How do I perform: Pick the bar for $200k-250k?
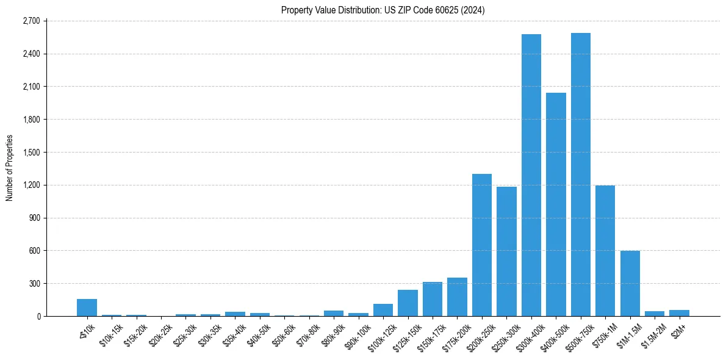click(x=482, y=245)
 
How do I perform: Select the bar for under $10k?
click(x=87, y=308)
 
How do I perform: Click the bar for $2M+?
click(x=679, y=313)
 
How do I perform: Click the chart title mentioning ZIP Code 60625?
click(x=383, y=10)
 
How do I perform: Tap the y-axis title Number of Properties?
click(x=9, y=168)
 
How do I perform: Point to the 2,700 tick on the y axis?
click(x=31, y=21)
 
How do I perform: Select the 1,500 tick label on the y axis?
click(x=31, y=152)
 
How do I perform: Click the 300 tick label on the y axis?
click(x=34, y=283)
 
